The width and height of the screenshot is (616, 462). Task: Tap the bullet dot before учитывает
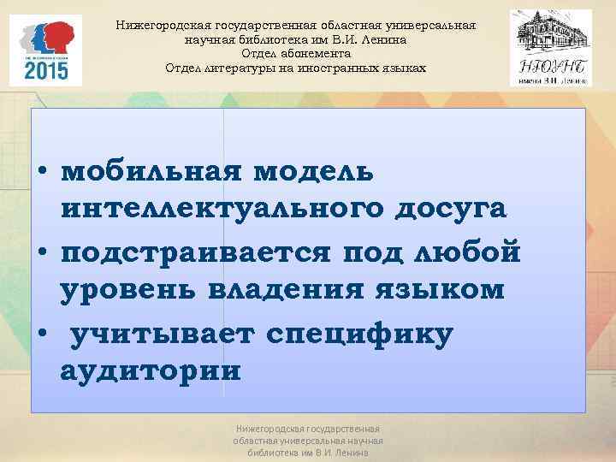(x=40, y=334)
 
